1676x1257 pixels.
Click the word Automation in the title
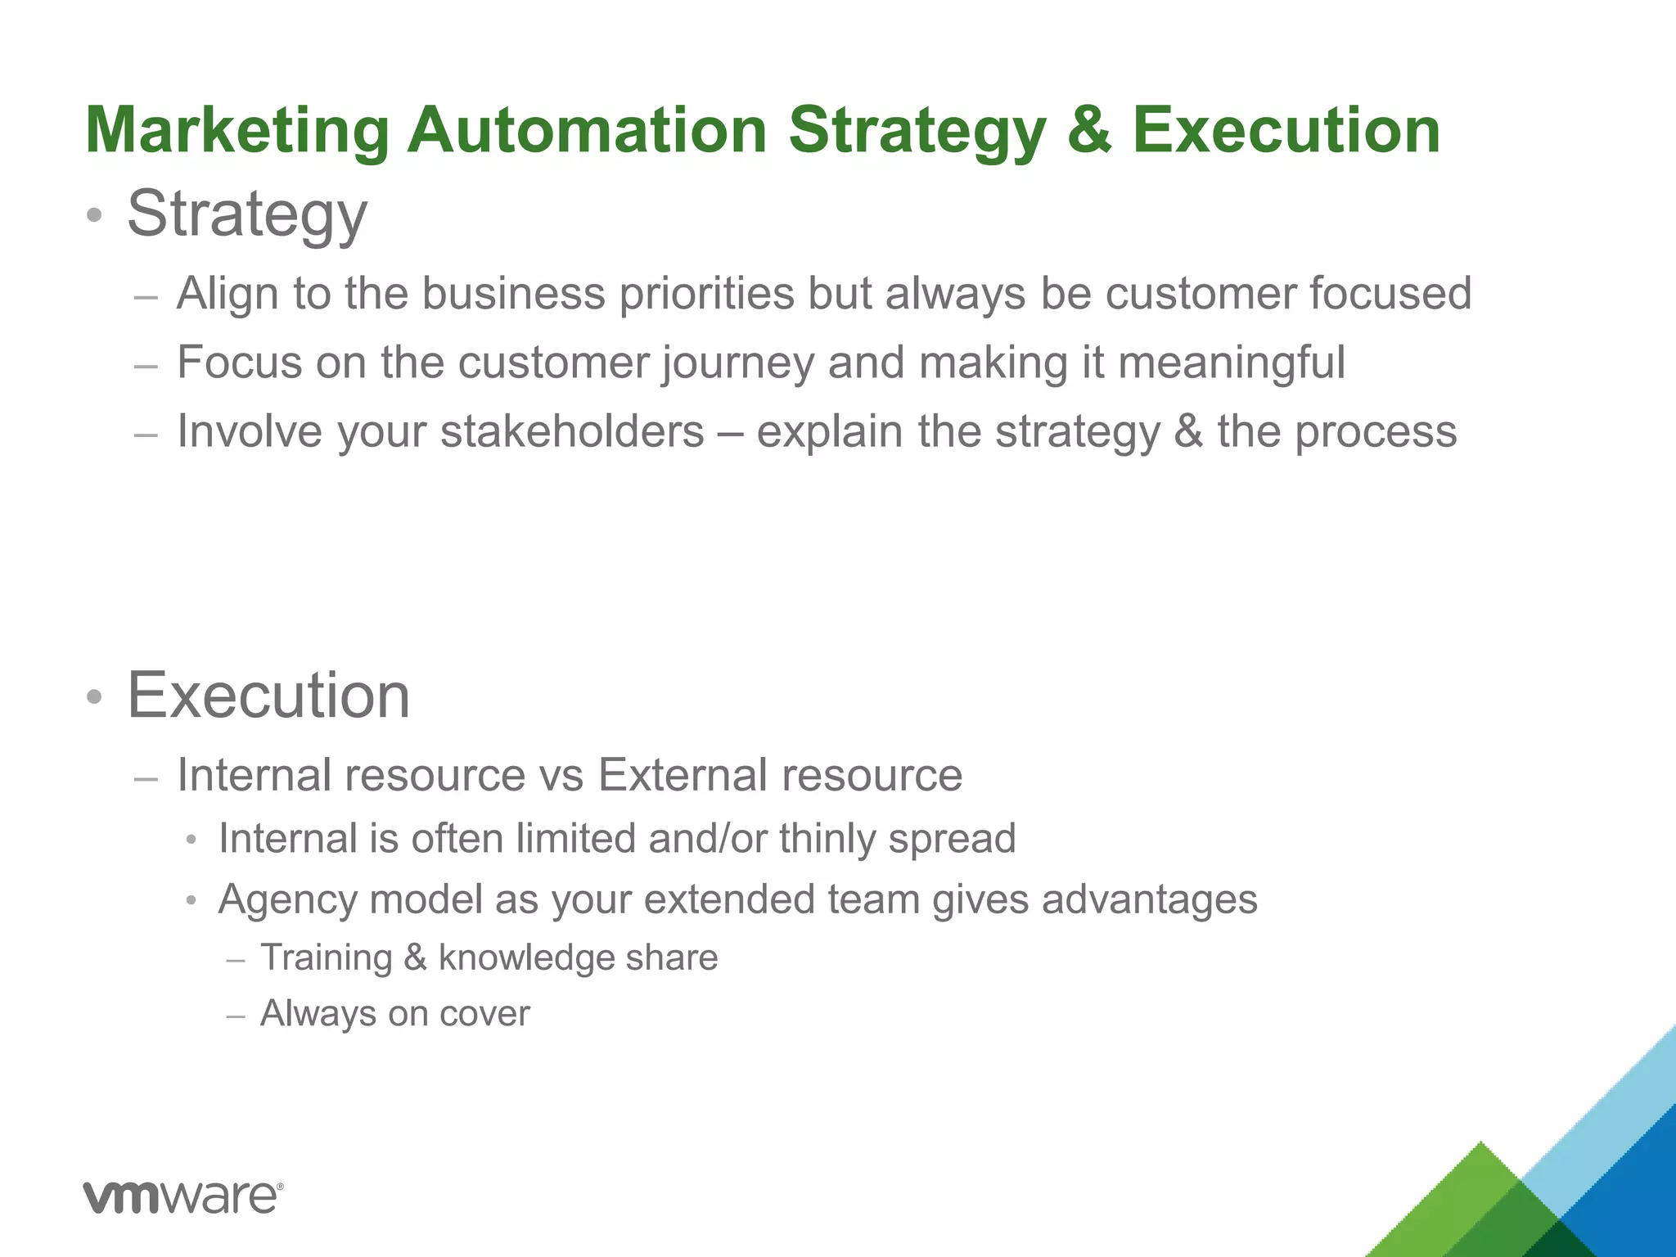587,131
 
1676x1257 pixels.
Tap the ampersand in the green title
1089,131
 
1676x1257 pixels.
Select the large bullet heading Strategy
247,214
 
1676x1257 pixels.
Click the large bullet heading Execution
268,696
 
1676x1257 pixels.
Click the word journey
737,363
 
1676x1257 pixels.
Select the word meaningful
1231,363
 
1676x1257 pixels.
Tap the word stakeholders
572,432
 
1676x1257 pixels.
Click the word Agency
288,900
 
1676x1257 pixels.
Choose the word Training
327,957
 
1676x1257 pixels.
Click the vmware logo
183,1197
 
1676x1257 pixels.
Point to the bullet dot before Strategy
95,216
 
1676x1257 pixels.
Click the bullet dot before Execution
95,697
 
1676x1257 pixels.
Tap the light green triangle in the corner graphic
1465,1195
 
